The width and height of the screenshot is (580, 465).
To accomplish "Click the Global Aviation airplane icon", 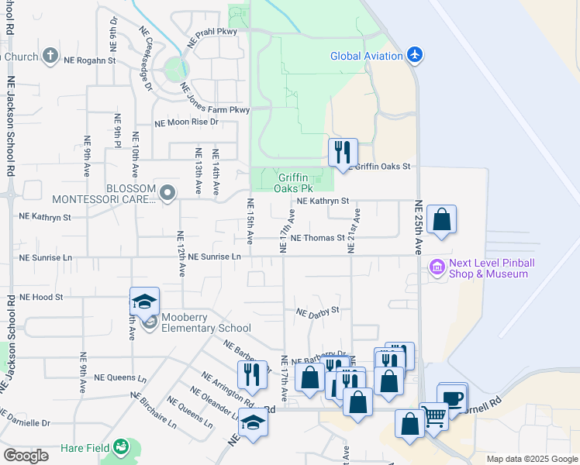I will point(416,56).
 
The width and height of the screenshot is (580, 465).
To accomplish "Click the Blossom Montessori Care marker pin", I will point(167,191).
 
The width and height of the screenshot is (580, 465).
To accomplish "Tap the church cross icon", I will point(50,56).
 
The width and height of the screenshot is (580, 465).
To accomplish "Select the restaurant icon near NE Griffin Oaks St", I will point(342,152).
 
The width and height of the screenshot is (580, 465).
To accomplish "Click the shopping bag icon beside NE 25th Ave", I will point(441,219).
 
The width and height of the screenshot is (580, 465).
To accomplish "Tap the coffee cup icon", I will point(453,398).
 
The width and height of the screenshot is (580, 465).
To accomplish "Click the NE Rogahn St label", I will point(89,60).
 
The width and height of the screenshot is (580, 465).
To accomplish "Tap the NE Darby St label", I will point(318,311).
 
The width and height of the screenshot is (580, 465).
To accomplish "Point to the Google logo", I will point(26,456).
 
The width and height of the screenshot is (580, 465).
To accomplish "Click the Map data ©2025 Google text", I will point(531,459).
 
